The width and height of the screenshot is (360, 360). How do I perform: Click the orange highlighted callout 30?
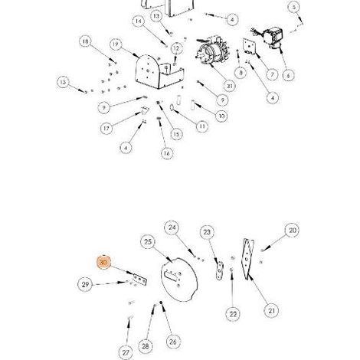point(103,262)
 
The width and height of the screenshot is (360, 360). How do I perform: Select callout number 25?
point(148,242)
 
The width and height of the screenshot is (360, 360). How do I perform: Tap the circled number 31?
point(229,87)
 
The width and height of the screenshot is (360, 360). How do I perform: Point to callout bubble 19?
point(116,44)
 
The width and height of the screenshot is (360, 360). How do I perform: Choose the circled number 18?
point(86,41)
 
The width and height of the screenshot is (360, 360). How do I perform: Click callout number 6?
point(288,75)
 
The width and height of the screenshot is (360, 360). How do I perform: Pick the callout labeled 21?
point(271,311)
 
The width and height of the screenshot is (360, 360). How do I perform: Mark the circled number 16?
point(166,153)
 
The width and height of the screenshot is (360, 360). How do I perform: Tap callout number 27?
point(126,352)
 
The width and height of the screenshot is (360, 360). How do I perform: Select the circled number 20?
point(292,231)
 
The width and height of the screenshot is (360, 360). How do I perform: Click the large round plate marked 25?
point(179,280)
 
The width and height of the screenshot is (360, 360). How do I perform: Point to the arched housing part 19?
point(159,71)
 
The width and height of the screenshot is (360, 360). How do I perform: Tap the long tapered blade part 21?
point(247,259)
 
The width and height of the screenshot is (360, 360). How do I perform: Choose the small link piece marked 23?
point(219,270)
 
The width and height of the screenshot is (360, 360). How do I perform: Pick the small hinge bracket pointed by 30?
point(139,279)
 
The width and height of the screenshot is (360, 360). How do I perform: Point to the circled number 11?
point(202,126)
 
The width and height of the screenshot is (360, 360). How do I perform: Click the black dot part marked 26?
point(161,303)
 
